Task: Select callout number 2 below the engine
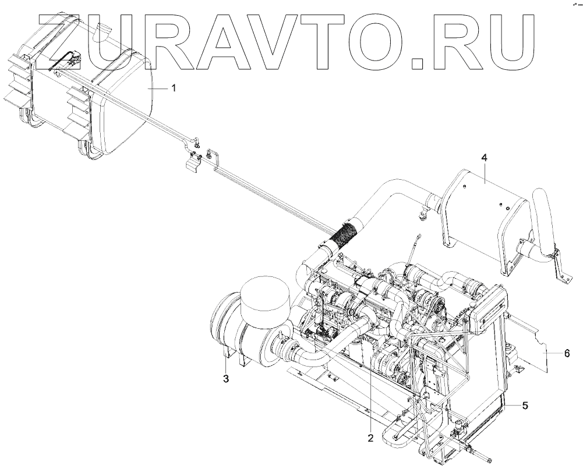[x=369, y=438]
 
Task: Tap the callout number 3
[x=226, y=379]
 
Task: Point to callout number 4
[x=484, y=158]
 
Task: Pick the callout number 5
[x=525, y=406]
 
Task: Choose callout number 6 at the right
[x=567, y=353]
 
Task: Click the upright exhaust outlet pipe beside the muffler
[x=546, y=221]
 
